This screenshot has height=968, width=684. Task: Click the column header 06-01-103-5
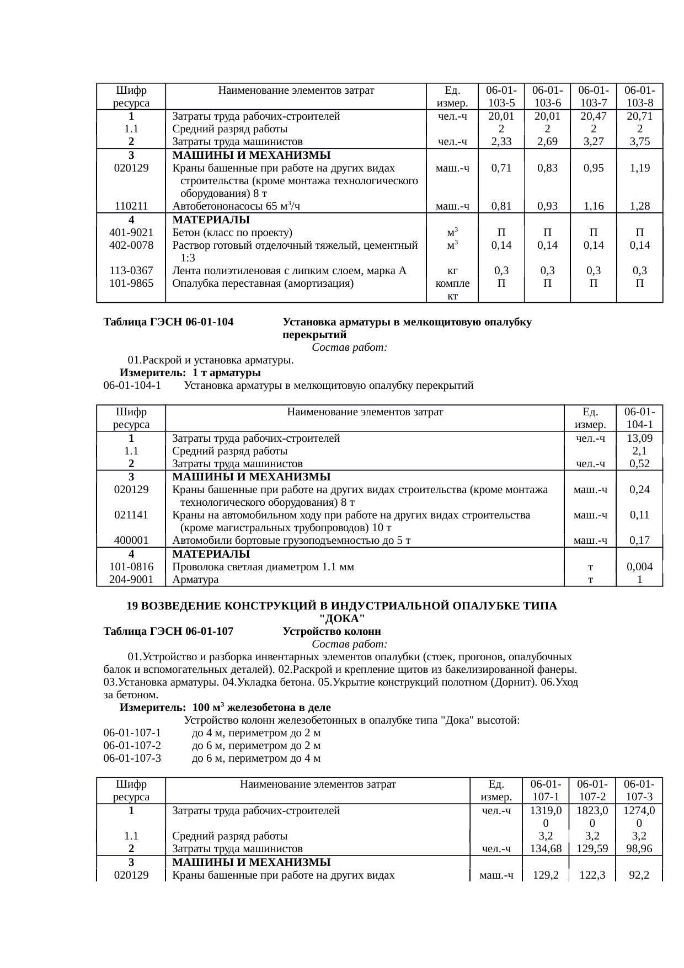click(501, 97)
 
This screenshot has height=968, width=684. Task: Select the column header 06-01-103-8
click(639, 97)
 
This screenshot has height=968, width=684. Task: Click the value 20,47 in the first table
click(593, 116)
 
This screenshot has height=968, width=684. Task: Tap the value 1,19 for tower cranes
click(639, 168)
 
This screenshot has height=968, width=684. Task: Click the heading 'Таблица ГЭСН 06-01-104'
click(168, 322)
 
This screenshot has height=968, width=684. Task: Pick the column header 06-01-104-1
click(639, 418)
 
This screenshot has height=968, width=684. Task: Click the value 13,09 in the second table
click(639, 438)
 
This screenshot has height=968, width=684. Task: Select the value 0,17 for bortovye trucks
click(639, 541)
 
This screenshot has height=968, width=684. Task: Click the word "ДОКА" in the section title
click(342, 618)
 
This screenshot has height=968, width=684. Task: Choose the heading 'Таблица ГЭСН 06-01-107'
click(168, 631)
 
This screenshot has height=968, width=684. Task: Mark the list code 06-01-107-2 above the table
click(132, 746)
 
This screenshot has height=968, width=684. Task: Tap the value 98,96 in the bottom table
click(639, 849)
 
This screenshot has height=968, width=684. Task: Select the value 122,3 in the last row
click(592, 875)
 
